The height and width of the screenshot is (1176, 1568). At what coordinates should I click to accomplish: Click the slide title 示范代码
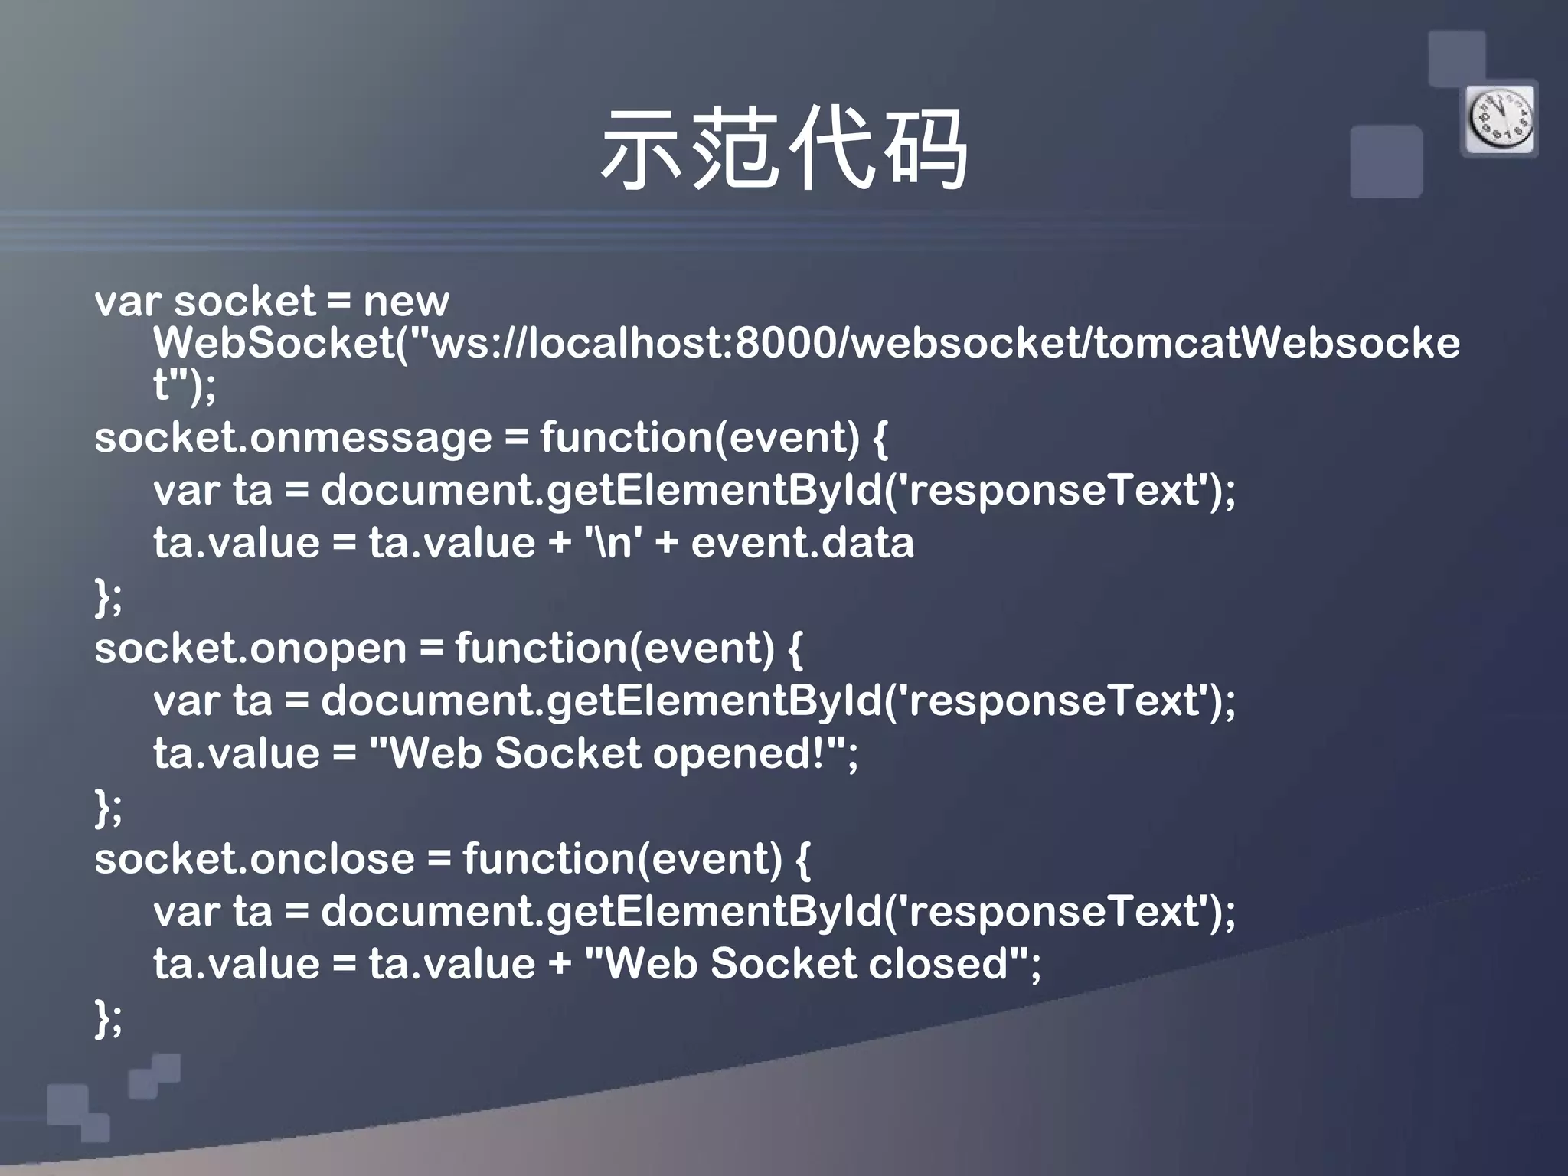pyautogui.click(x=784, y=149)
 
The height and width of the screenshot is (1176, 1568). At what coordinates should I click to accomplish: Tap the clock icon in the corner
pyautogui.click(x=1500, y=120)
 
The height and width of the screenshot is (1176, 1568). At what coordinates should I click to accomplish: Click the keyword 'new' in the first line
pyautogui.click(x=406, y=302)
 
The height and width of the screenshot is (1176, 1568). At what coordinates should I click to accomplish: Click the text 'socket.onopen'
pyautogui.click(x=250, y=649)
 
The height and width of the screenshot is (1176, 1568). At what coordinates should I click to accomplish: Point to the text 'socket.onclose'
pyautogui.click(x=254, y=859)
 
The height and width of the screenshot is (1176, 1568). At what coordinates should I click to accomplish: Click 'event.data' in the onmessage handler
pyautogui.click(x=802, y=544)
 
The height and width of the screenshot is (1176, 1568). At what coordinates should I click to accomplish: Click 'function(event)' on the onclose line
pyautogui.click(x=622, y=859)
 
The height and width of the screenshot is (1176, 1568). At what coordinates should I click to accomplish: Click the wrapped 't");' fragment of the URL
pyautogui.click(x=185, y=385)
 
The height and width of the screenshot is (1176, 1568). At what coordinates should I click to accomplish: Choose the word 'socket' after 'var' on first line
pyautogui.click(x=244, y=302)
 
